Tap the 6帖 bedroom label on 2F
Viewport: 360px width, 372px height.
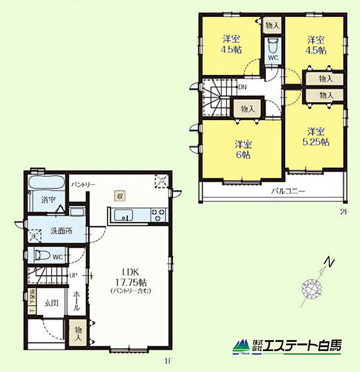point(243,149)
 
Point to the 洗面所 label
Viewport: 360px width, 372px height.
point(61,230)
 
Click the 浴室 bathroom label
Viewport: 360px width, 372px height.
point(48,200)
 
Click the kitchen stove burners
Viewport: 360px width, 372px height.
point(157,215)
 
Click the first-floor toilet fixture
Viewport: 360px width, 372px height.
point(44,255)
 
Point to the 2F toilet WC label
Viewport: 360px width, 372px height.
point(273,58)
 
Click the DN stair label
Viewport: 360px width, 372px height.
point(243,87)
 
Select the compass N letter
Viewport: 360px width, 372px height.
point(330,263)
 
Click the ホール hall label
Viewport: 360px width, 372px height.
point(77,302)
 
